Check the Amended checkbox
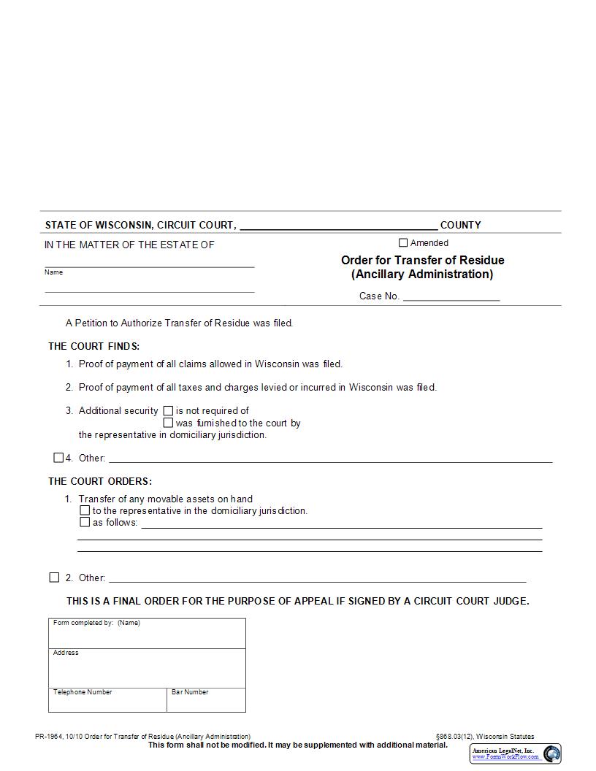click(403, 243)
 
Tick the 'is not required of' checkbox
click(168, 410)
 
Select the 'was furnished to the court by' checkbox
click(168, 423)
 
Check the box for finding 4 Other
click(58, 458)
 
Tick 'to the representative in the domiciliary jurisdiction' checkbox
click(85, 511)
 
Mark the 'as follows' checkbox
click(85, 523)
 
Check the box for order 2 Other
click(54, 578)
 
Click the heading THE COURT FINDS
click(93, 346)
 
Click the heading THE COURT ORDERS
click(100, 481)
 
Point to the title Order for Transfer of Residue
click(422, 261)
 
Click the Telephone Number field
click(107, 702)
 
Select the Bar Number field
click(206, 702)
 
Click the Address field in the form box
click(147, 670)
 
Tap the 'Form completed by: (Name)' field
click(147, 635)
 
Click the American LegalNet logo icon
click(551, 753)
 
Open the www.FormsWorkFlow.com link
click(505, 757)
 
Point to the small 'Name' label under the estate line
click(53, 272)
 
